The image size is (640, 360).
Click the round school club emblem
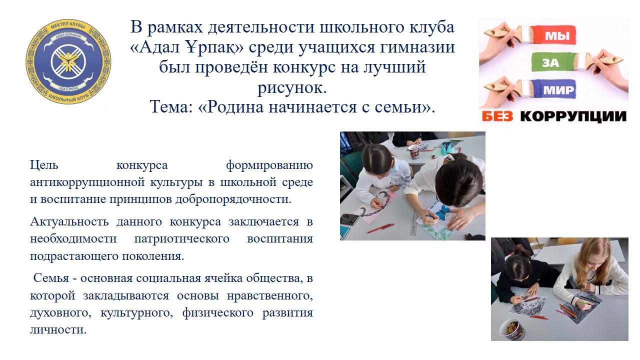(68, 61)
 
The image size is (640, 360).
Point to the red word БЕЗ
(497, 116)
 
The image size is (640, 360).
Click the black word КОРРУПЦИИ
(573, 116)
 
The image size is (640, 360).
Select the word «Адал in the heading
(154, 47)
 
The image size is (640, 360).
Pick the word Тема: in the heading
(171, 107)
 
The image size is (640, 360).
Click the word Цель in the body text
(44, 165)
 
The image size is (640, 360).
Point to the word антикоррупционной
(87, 182)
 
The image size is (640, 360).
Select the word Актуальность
(69, 221)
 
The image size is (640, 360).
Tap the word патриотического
(181, 239)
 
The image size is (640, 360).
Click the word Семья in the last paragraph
(51, 278)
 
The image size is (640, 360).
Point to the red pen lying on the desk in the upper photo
(380, 228)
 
